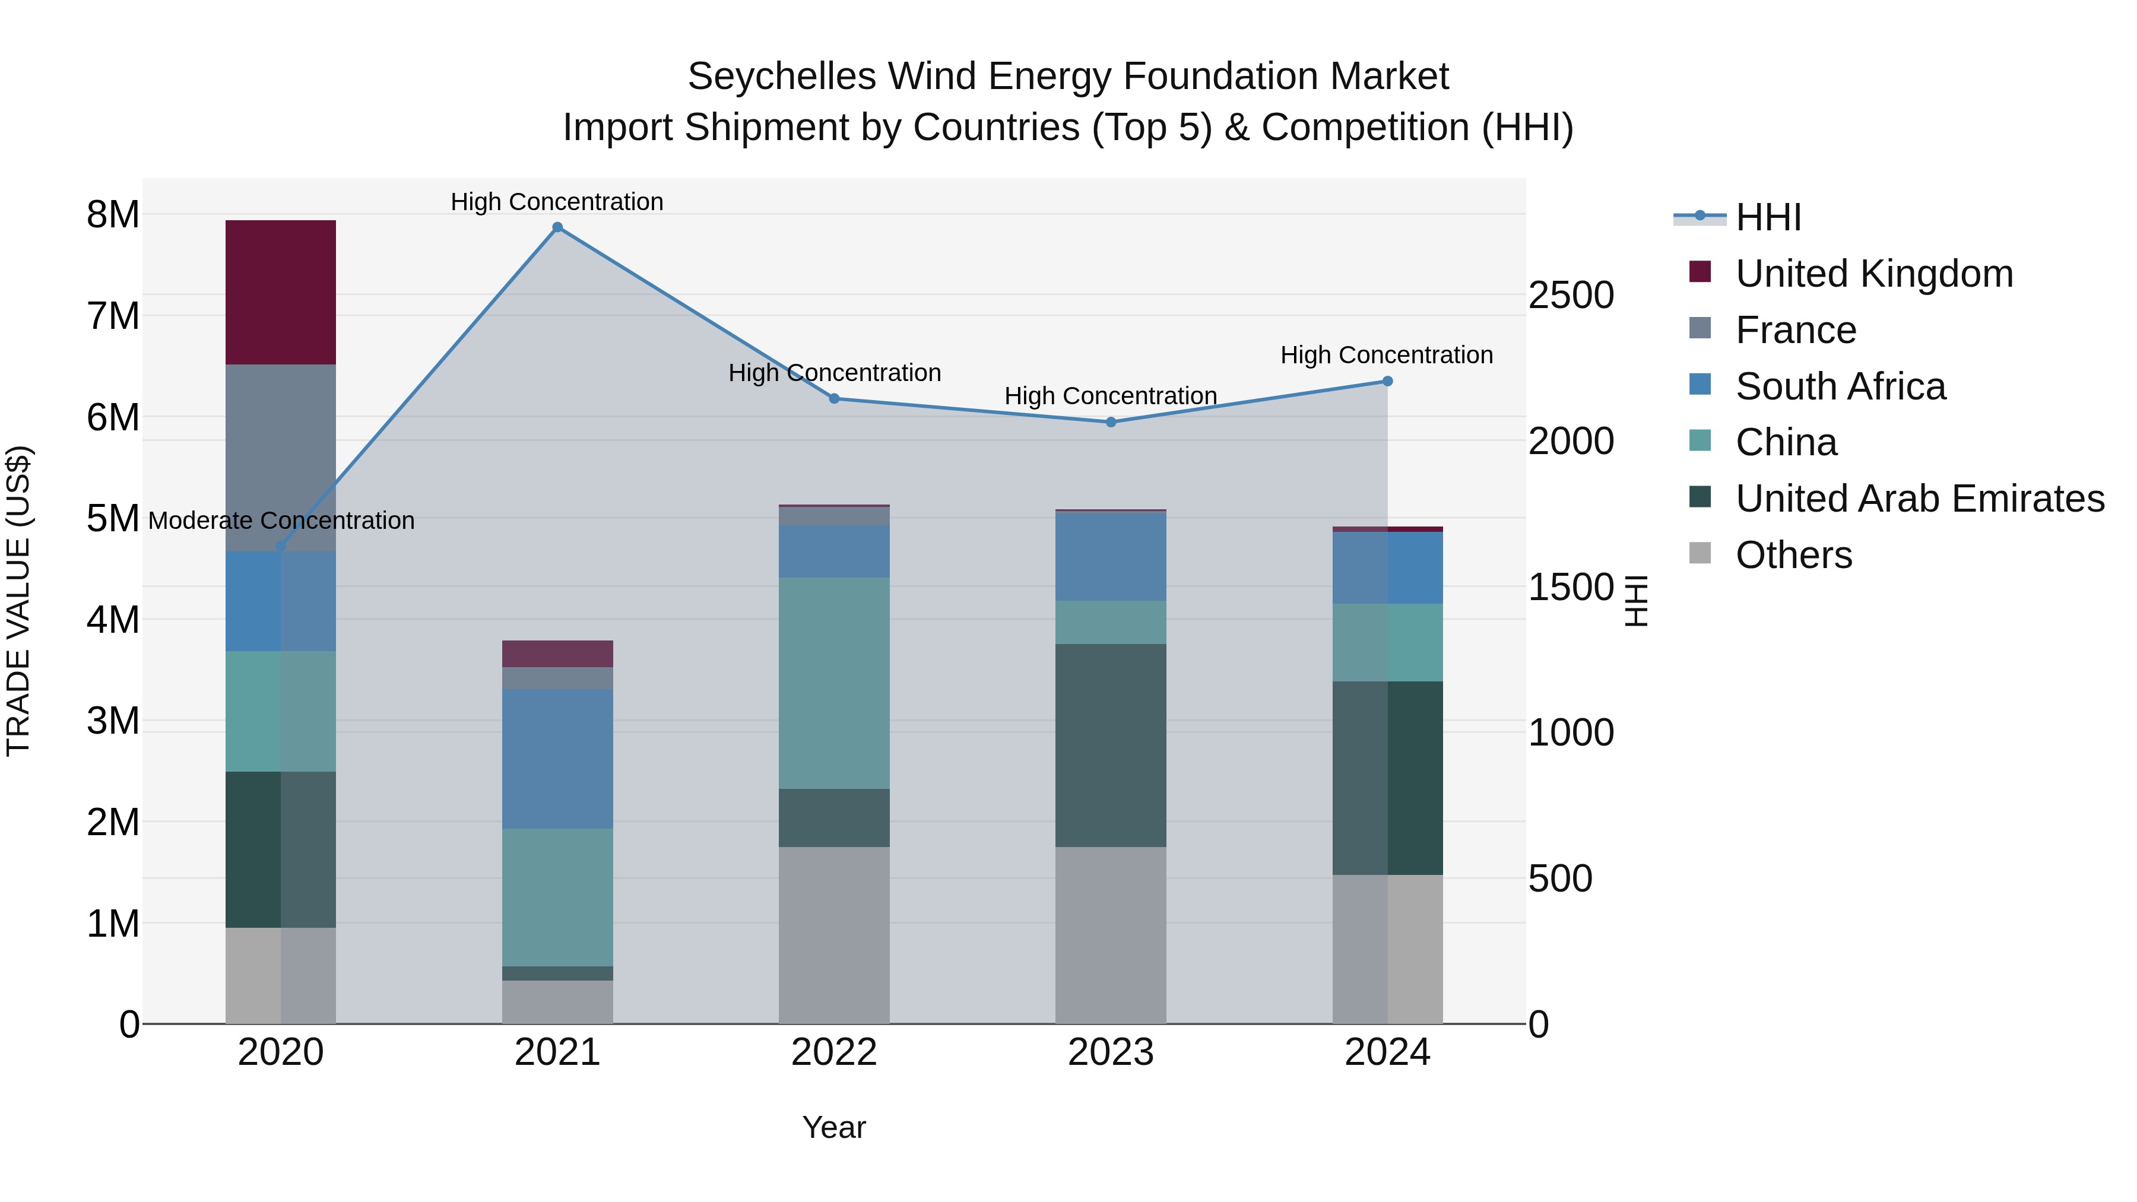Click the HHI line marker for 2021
click(557, 227)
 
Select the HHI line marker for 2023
click(1111, 422)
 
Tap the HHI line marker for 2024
click(1387, 382)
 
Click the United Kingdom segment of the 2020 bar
click(280, 292)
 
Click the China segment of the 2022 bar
click(834, 683)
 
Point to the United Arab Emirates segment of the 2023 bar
click(1111, 745)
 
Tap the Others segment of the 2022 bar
click(834, 935)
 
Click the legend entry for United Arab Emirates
click(1919, 499)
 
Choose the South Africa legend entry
click(1840, 386)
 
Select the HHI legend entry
click(1768, 217)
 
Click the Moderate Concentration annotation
click(281, 521)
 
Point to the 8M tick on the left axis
click(113, 215)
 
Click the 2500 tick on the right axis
click(1570, 296)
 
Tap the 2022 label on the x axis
click(834, 1052)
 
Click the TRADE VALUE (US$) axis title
click(18, 601)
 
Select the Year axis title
click(834, 1127)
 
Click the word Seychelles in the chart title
click(781, 77)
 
